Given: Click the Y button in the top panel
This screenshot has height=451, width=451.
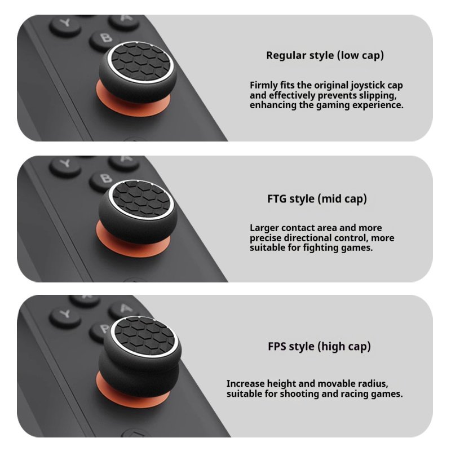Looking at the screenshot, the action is (x=65, y=26).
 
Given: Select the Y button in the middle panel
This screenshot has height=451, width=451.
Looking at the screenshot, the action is (x=65, y=167).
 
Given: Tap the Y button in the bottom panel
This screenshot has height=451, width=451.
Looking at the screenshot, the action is (x=65, y=317).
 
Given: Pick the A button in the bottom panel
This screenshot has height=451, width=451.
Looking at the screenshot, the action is (x=125, y=309).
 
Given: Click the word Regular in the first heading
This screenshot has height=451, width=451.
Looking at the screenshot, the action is (x=286, y=55).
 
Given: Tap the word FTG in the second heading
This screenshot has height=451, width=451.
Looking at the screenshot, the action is (x=277, y=199).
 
